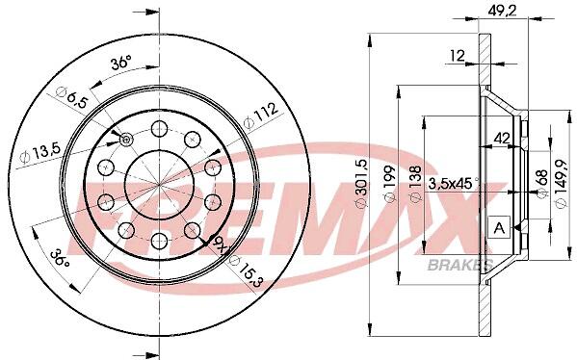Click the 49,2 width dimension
[x=503, y=11]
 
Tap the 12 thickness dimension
[x=458, y=56]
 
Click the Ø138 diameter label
[x=415, y=184]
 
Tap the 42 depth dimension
[x=502, y=139]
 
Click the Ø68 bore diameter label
[x=541, y=184]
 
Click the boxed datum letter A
[x=499, y=227]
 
